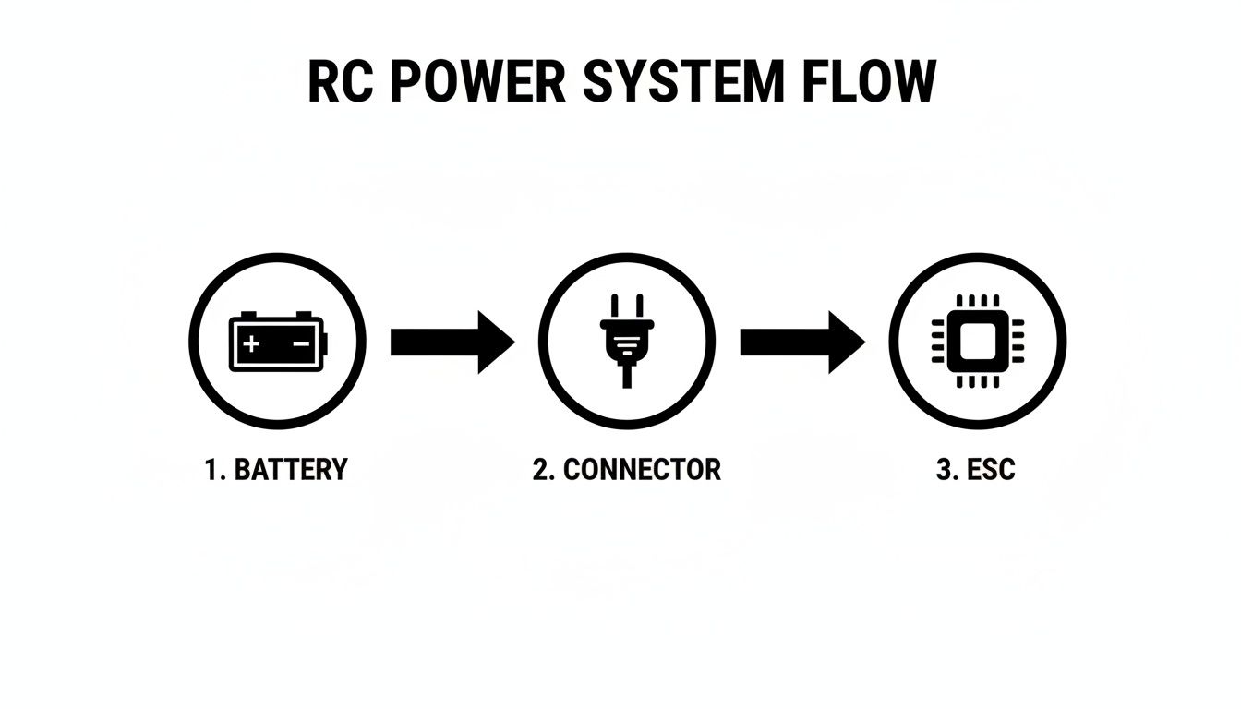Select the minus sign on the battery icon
pos(301,344)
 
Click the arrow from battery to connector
pos(452,342)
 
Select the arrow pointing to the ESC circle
pos(801,342)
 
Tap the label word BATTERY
pos(291,469)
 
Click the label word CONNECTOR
pos(642,469)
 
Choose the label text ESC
pos(991,469)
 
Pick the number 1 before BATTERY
pos(211,469)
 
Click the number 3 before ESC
pos(946,469)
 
